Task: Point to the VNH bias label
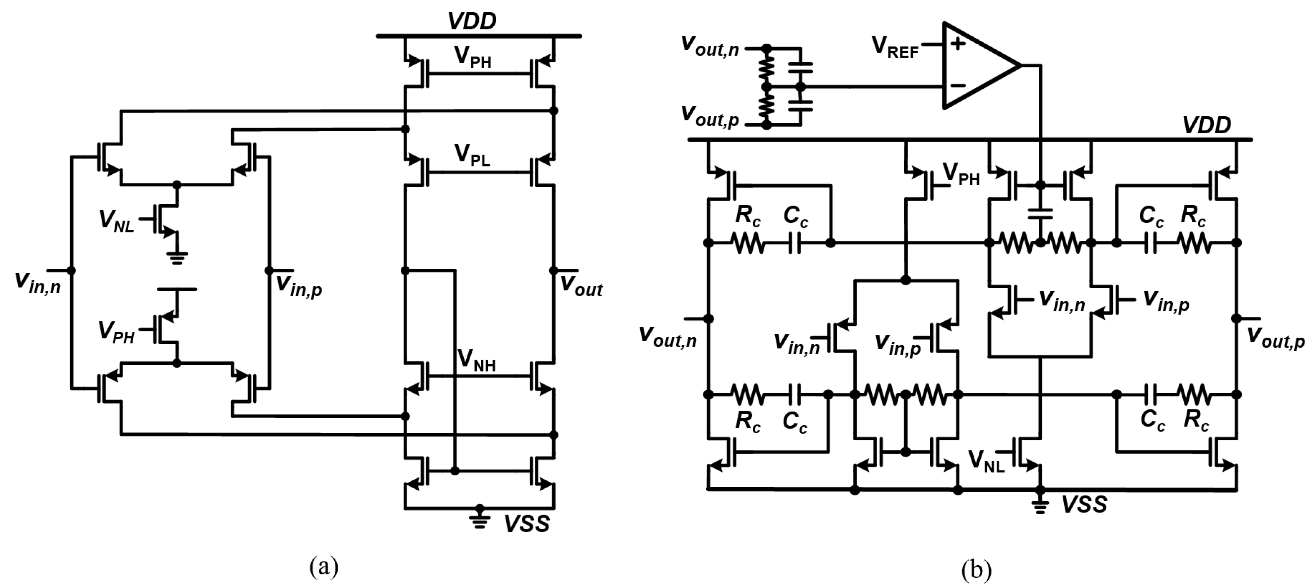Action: pos(476,360)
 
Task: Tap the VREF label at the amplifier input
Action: pos(895,47)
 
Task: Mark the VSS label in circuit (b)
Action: pos(1084,504)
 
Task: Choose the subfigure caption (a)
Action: pos(324,566)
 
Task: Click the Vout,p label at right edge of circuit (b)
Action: pos(1275,338)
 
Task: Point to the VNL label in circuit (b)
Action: pos(986,461)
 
